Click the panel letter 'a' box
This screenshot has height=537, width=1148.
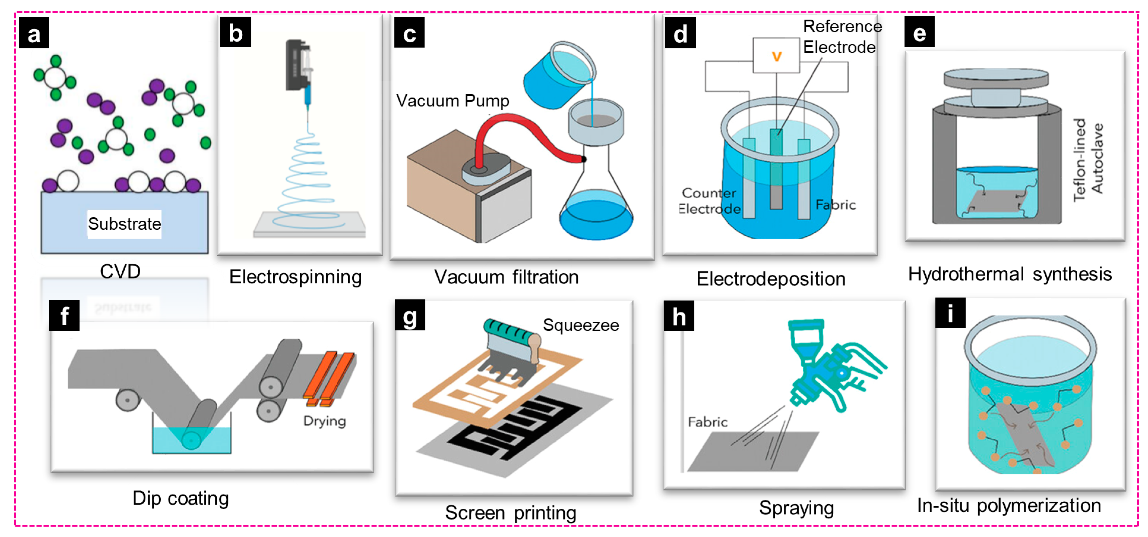point(34,33)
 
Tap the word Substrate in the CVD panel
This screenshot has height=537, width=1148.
point(124,223)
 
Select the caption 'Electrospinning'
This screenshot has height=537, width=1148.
point(295,277)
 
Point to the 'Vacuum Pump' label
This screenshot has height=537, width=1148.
point(452,101)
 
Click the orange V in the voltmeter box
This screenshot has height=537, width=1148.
point(776,56)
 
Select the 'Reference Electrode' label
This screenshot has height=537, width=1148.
point(842,37)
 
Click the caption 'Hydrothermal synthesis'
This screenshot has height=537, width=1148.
point(1010,274)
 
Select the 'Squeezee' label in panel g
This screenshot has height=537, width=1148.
point(581,325)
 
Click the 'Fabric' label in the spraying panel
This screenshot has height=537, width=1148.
point(708,422)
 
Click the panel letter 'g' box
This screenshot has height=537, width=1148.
point(410,315)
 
